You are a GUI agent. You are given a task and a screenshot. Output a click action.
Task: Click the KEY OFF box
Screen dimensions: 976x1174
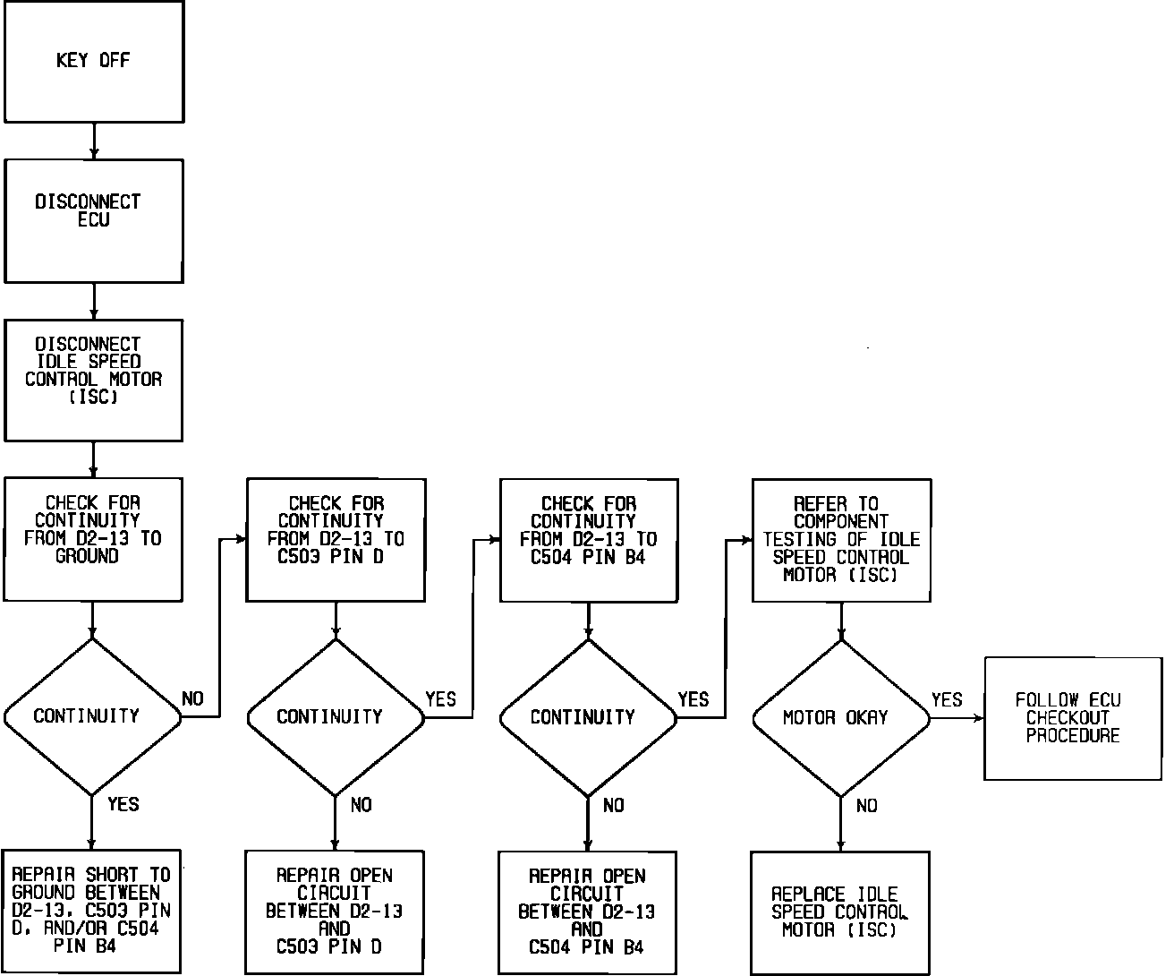pos(94,62)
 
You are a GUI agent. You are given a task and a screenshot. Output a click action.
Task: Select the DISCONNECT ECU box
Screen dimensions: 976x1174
pos(94,221)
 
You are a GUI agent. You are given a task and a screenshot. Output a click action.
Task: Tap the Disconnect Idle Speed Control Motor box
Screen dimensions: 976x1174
pos(94,381)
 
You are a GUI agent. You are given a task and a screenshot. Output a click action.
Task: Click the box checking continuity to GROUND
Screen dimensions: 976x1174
pos(93,539)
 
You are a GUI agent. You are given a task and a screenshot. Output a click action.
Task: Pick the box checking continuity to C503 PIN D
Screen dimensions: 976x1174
pos(336,540)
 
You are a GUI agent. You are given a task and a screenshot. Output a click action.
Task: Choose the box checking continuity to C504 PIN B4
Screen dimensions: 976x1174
pos(588,540)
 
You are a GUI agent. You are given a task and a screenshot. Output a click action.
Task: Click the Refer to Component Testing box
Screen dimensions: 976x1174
pos(841,540)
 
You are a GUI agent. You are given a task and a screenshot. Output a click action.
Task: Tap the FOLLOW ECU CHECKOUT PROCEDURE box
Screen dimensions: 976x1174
pos(1073,718)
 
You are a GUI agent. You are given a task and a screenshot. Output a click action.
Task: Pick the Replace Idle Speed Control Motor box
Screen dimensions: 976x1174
pos(840,912)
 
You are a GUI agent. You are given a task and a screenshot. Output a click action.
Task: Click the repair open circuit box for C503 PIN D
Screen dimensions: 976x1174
pos(335,911)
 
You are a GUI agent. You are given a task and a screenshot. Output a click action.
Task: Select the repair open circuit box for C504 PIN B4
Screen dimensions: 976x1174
pos(587,912)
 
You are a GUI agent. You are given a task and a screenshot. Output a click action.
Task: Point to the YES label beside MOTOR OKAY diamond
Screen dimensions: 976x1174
pos(947,699)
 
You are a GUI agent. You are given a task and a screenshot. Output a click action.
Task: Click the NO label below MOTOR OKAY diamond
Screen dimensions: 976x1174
pos(866,806)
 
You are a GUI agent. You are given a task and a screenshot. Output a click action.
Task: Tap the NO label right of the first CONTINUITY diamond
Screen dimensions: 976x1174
pos(192,698)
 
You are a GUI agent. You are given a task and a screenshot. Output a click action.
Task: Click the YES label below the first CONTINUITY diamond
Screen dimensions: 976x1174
pos(123,804)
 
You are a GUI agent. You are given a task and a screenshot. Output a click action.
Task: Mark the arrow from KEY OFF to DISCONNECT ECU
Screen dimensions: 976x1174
pos(94,141)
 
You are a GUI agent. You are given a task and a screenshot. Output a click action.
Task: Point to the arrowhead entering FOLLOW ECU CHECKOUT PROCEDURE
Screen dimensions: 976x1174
pos(978,718)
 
